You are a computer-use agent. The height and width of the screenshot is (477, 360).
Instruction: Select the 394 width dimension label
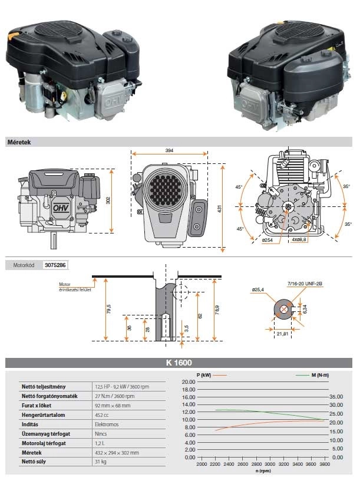coord(169,152)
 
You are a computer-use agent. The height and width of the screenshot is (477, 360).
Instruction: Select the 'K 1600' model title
coord(180,363)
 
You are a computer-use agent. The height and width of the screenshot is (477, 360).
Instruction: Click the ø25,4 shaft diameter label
coord(257,290)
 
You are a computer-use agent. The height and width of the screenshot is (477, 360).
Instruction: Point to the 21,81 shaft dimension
coord(283,335)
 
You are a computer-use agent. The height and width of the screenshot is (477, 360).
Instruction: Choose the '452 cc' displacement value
coord(103,415)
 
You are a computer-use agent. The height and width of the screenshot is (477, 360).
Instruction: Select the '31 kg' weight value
coord(101,462)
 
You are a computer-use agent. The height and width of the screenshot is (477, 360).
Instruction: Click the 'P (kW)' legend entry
coord(204,375)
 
